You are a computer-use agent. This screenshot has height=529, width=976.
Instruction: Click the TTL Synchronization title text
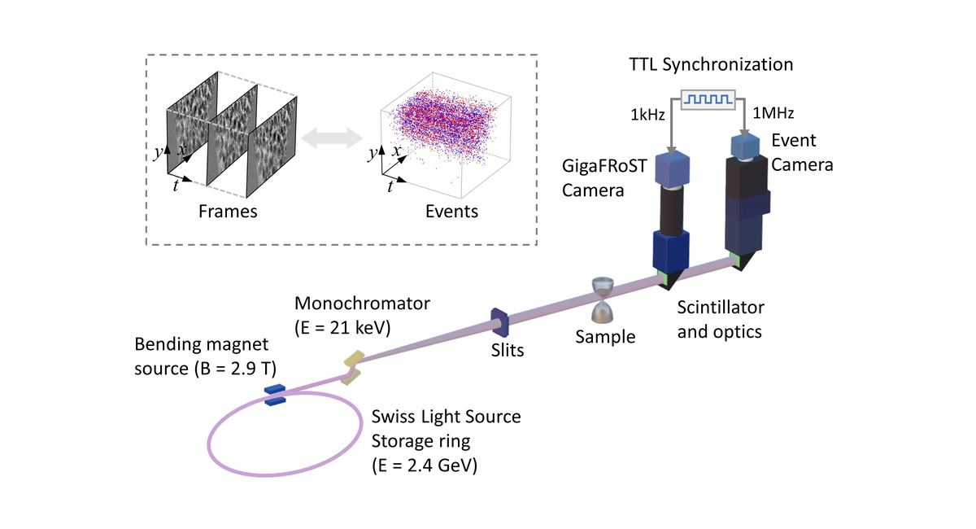pyautogui.click(x=712, y=63)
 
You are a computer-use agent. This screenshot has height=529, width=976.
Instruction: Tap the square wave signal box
pyautogui.click(x=708, y=99)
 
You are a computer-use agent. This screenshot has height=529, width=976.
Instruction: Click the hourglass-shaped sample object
pyautogui.click(x=603, y=300)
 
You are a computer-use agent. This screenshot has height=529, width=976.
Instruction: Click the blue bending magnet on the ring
pyautogui.click(x=274, y=393)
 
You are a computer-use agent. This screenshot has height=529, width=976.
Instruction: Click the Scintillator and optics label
pyautogui.click(x=721, y=320)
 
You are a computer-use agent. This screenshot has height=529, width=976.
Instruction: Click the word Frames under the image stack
pyautogui.click(x=228, y=212)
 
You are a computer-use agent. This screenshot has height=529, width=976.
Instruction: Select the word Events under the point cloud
pyautogui.click(x=451, y=212)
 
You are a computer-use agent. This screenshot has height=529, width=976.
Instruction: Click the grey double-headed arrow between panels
pyautogui.click(x=331, y=139)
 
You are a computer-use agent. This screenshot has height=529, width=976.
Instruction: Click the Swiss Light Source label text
pyautogui.click(x=446, y=418)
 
